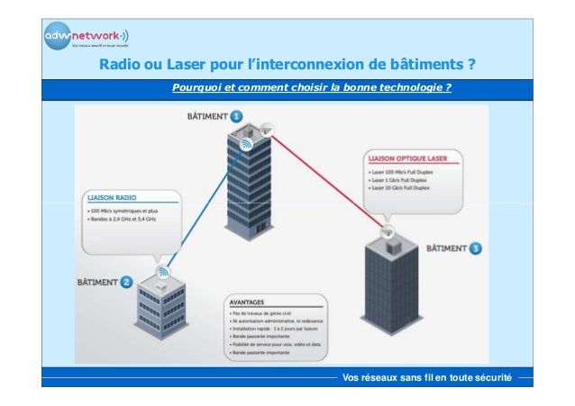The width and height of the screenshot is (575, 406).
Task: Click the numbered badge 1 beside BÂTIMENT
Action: coord(236,116)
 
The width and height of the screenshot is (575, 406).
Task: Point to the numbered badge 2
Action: coord(128,283)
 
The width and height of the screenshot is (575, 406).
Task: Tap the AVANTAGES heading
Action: coord(250,303)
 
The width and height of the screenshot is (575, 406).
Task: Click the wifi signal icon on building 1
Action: coord(245,144)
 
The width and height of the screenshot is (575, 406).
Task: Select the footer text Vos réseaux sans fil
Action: coord(427,376)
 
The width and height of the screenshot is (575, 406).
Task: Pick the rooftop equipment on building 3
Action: coord(392,242)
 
